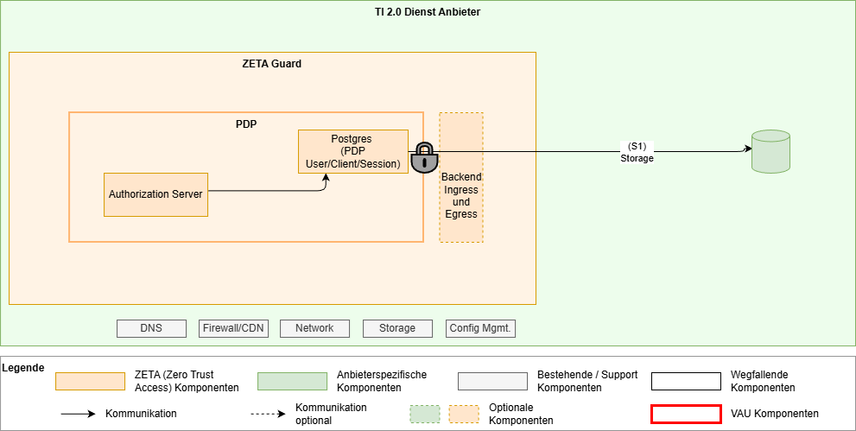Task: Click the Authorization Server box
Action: tap(155, 194)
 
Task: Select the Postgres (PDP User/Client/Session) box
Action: tap(353, 151)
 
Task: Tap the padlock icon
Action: tap(423, 157)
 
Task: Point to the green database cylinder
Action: tap(771, 151)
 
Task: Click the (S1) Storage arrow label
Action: tap(637, 152)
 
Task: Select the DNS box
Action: tap(151, 328)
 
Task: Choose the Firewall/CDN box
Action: tap(233, 328)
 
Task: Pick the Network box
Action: tap(314, 328)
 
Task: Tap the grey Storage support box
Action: tap(396, 328)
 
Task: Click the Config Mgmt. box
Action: tap(480, 328)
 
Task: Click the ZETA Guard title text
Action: tap(271, 64)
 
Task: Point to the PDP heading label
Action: tap(246, 124)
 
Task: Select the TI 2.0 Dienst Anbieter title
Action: tap(428, 12)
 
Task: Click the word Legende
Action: tap(22, 368)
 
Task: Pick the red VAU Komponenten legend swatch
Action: tap(686, 414)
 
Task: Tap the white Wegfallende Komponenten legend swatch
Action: tap(686, 382)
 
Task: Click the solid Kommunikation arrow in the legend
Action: tap(78, 414)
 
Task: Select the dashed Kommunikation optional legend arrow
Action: tap(268, 414)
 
